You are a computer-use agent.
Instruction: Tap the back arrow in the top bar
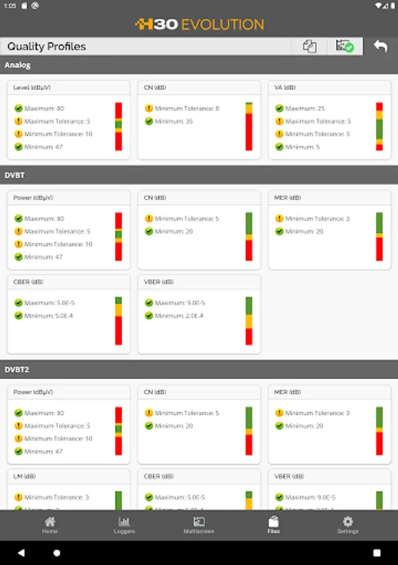tap(380, 46)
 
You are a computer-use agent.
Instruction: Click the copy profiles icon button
tap(309, 46)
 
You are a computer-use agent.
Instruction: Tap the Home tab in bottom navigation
tap(50, 525)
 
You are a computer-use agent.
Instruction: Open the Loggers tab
tap(124, 525)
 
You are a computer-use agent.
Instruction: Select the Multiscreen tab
tap(199, 525)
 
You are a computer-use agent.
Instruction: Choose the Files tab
tap(274, 525)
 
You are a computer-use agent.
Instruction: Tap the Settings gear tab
tap(348, 525)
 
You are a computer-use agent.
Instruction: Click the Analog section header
tap(18, 65)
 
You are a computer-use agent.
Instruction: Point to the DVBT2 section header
tap(18, 370)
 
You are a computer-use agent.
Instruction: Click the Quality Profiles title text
tap(47, 46)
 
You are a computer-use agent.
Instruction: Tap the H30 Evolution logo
tap(199, 24)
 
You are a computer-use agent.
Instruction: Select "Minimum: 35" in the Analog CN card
tap(174, 121)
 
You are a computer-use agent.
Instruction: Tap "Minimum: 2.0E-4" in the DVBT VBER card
tap(179, 316)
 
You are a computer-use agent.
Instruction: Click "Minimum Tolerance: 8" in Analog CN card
tap(187, 109)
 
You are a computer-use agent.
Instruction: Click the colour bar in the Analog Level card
tap(118, 126)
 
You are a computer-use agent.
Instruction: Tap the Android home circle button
tap(57, 553)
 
